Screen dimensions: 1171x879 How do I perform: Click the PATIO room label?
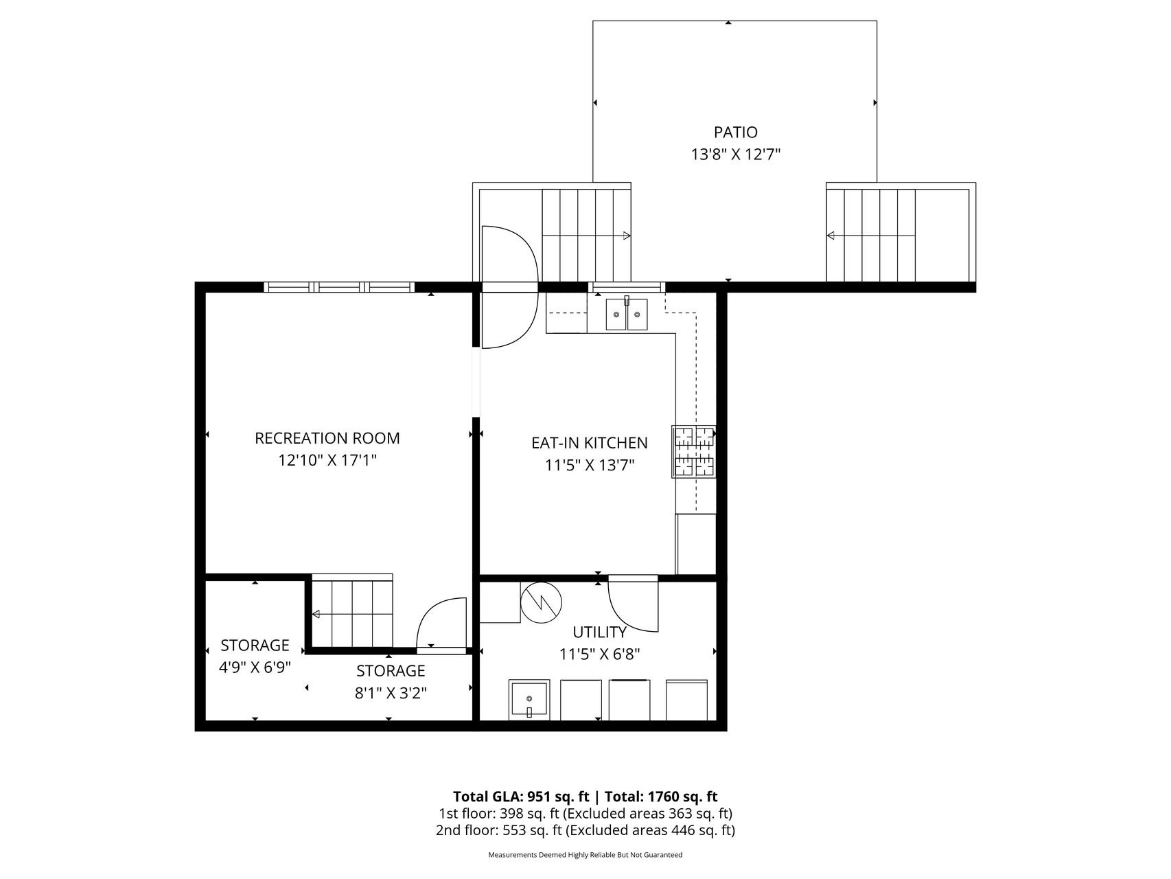point(735,132)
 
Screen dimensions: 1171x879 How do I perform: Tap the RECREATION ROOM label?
point(327,438)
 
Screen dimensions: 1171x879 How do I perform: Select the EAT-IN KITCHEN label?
point(589,443)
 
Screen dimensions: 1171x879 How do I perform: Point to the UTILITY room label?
point(599,632)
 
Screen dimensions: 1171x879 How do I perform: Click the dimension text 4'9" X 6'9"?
point(255,667)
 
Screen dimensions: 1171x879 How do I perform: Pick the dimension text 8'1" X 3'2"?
point(391,693)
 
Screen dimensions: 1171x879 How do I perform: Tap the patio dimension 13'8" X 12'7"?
point(735,155)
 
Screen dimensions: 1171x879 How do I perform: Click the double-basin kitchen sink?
point(626,314)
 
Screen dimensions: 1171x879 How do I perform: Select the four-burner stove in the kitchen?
point(693,452)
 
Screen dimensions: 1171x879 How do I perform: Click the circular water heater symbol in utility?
point(541,603)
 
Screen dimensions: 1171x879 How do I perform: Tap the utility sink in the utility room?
point(529,700)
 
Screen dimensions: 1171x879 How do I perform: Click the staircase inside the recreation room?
point(352,611)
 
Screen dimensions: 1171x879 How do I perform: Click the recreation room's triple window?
point(339,287)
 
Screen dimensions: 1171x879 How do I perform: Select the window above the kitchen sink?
point(626,287)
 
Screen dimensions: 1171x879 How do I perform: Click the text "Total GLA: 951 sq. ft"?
point(521,797)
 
